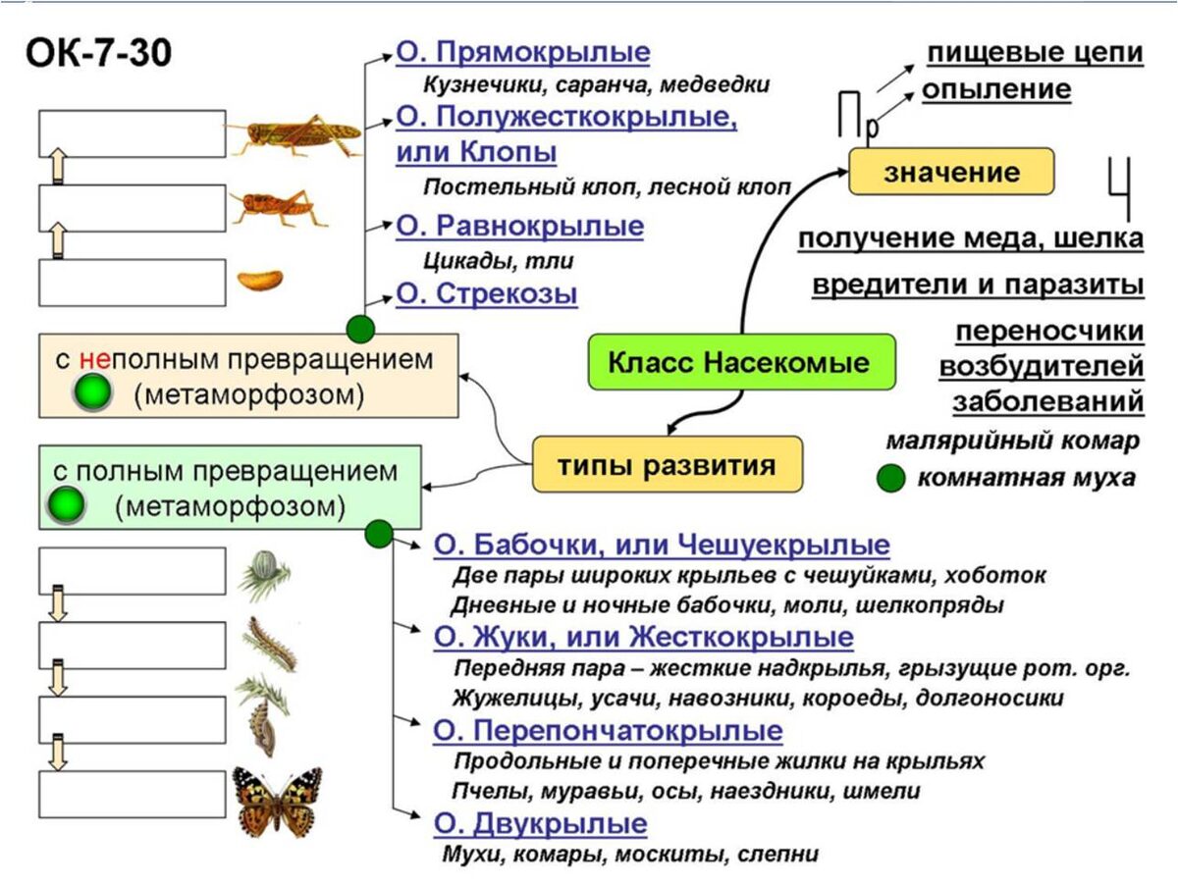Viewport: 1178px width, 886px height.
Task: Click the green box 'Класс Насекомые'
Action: pyautogui.click(x=741, y=362)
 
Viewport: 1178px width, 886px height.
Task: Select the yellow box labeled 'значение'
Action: pyautogui.click(x=950, y=173)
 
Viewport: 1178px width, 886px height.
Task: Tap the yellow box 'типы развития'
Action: pyautogui.click(x=667, y=465)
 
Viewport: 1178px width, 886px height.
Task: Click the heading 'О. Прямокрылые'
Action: pyautogui.click(x=522, y=52)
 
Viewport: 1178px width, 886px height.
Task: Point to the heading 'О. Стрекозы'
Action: pyautogui.click(x=486, y=294)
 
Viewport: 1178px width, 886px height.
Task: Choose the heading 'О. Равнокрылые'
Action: pyautogui.click(x=519, y=227)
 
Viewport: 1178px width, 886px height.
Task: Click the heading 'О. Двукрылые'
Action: pyautogui.click(x=540, y=822)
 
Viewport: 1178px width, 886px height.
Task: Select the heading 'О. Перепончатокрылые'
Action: pyautogui.click(x=608, y=731)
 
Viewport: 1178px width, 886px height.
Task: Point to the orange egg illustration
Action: pyautogui.click(x=259, y=280)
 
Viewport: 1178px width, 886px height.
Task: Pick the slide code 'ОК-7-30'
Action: pyautogui.click(x=97, y=54)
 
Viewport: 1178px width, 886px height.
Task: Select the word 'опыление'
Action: pyautogui.click(x=995, y=89)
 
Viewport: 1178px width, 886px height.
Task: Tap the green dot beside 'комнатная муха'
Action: pyautogui.click(x=890, y=479)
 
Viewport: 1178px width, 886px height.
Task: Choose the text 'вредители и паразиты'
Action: pyautogui.click(x=977, y=285)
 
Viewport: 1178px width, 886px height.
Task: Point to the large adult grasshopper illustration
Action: pyautogui.click(x=294, y=133)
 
